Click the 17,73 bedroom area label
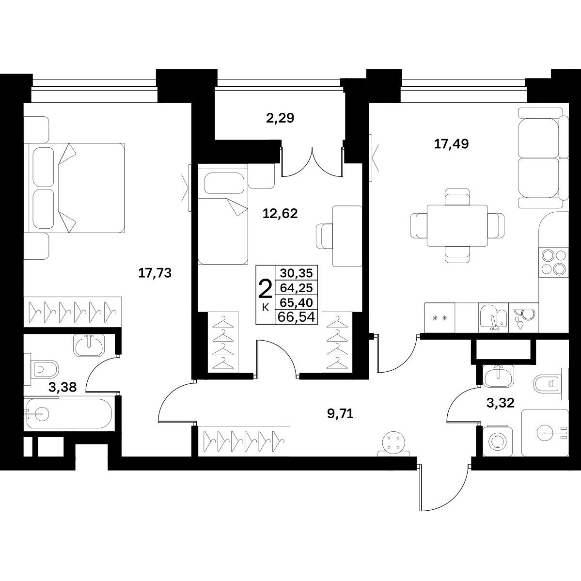(155, 273)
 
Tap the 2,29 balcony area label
(280, 118)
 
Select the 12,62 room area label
(281, 213)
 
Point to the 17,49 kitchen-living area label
(451, 144)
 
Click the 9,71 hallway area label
(340, 413)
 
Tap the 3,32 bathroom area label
(501, 403)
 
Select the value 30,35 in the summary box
(297, 273)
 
